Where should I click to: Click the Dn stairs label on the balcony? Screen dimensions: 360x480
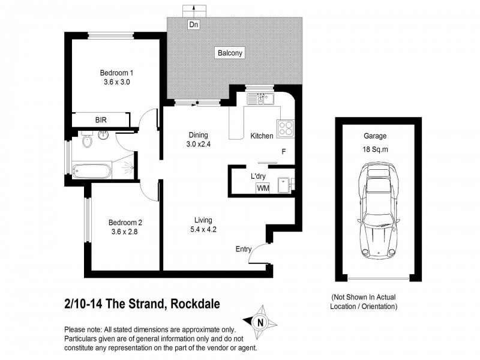coord(193,25)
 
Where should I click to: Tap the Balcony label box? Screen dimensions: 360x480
coord(230,53)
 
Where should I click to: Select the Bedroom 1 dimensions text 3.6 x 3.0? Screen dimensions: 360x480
coord(116,82)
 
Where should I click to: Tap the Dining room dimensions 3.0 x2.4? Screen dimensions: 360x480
coord(199,144)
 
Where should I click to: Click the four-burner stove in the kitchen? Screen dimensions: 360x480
coord(285,128)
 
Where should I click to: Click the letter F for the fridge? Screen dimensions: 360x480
coord(283,152)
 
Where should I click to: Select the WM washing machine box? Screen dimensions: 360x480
coord(263,188)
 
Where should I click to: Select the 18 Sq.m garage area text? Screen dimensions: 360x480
coord(375,149)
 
